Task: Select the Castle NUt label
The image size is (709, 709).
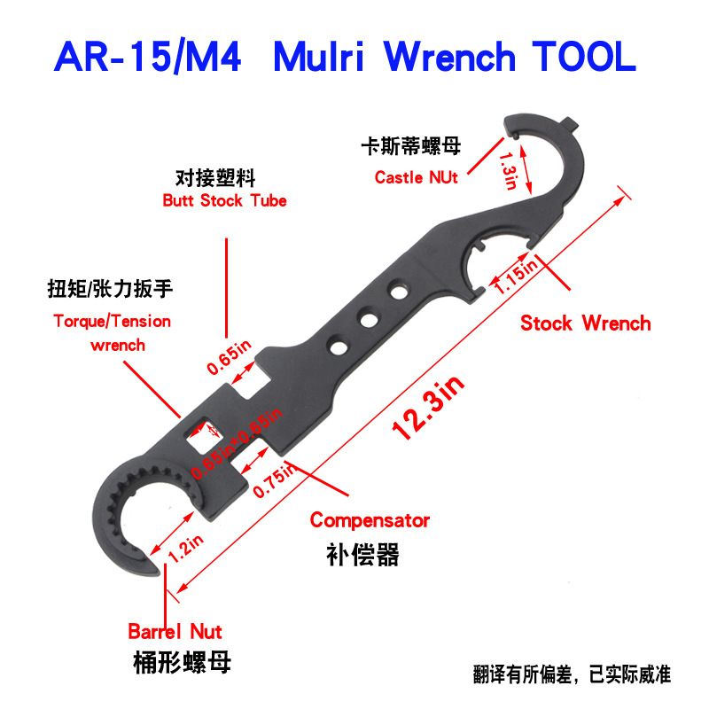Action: click(416, 177)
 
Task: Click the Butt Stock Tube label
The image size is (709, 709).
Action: click(224, 200)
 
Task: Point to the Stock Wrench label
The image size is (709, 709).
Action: click(585, 323)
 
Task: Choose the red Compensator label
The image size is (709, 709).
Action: click(370, 520)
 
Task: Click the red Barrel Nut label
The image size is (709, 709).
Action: click(175, 632)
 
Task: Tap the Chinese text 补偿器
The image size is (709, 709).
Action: click(363, 555)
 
